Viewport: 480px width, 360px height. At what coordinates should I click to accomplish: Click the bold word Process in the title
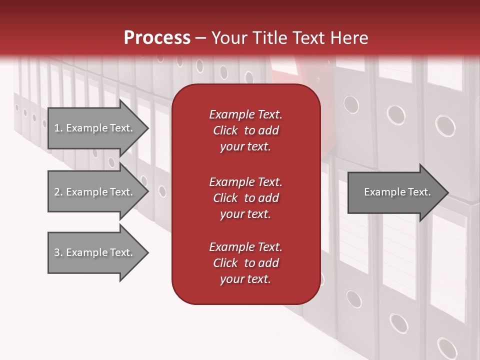tap(157, 38)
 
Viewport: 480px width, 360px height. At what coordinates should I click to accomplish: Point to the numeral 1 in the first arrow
tap(56, 128)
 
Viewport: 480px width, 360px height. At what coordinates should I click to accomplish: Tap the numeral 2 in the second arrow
tap(57, 192)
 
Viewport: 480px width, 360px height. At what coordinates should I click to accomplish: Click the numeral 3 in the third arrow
tap(57, 252)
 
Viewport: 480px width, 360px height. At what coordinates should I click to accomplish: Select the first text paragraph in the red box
tap(245, 130)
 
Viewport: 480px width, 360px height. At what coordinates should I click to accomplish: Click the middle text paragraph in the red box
tap(245, 197)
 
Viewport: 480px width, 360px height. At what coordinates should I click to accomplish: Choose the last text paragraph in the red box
tap(245, 263)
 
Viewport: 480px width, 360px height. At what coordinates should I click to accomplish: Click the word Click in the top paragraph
tap(225, 130)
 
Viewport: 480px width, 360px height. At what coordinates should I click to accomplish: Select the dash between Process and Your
tap(200, 38)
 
